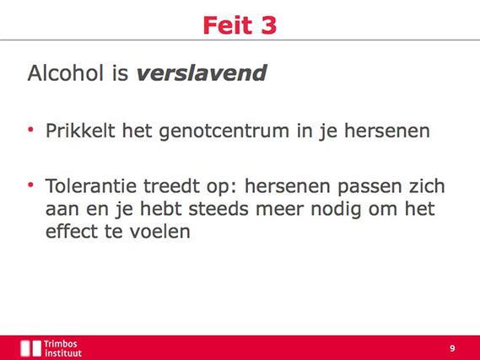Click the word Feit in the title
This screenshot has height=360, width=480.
pyautogui.click(x=228, y=25)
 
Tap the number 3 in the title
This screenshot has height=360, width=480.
pyautogui.click(x=269, y=25)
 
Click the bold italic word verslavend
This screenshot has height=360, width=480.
pyautogui.click(x=202, y=73)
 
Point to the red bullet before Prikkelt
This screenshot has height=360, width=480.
pyautogui.click(x=30, y=130)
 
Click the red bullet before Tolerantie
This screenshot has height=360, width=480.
pyautogui.click(x=30, y=185)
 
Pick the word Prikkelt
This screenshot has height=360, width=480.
pyautogui.click(x=80, y=131)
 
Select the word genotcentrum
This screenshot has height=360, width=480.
pyautogui.click(x=224, y=132)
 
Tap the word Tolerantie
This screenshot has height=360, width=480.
pyautogui.click(x=91, y=186)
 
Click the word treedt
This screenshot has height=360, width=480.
pyautogui.click(x=172, y=186)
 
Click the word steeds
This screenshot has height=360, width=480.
pyautogui.click(x=218, y=209)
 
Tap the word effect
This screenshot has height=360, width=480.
pyautogui.click(x=72, y=232)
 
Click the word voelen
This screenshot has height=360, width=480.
pyautogui.click(x=159, y=232)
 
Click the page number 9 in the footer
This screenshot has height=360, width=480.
pyautogui.click(x=452, y=348)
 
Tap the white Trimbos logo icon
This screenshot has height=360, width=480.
pyautogui.click(x=30, y=348)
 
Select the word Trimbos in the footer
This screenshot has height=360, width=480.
pyautogui.click(x=60, y=344)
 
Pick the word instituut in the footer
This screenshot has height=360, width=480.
pyautogui.click(x=63, y=353)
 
